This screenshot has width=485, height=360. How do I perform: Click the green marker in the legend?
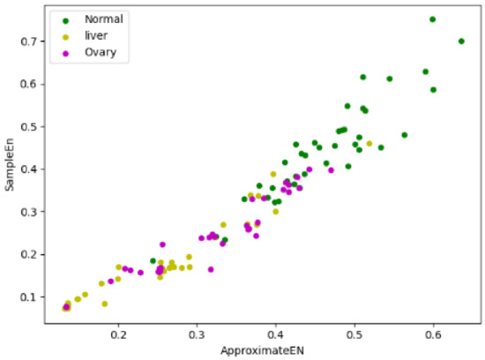click(x=63, y=19)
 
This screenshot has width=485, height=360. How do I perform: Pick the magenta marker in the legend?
click(x=63, y=53)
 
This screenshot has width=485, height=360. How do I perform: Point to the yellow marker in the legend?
click(x=63, y=35)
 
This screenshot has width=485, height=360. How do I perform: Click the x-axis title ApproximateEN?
click(x=262, y=351)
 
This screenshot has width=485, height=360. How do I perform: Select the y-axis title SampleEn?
click(x=10, y=165)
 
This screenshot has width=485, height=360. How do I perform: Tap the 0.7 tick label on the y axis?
click(x=30, y=41)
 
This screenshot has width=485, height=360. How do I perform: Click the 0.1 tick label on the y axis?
click(x=30, y=297)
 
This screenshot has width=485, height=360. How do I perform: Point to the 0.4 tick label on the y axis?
click(x=30, y=169)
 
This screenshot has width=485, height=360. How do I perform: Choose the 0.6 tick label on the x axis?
click(x=433, y=335)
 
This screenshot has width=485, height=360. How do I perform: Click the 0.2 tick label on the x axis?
click(x=119, y=335)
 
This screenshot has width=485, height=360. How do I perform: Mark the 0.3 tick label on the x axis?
click(x=198, y=335)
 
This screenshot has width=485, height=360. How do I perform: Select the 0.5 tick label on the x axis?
click(x=354, y=335)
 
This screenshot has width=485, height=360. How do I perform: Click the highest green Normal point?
click(x=432, y=19)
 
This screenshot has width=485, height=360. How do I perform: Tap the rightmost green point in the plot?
click(x=461, y=41)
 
